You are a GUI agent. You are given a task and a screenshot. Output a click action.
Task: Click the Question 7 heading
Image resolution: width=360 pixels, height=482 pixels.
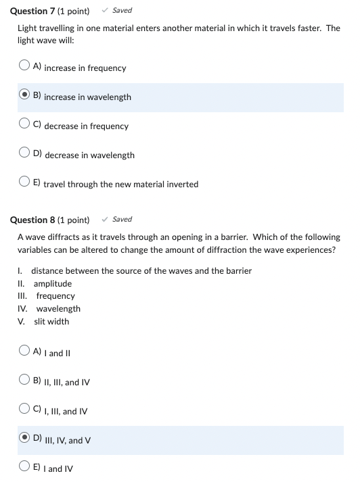click(x=49, y=11)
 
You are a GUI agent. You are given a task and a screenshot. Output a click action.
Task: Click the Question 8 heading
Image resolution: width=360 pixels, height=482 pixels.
click(x=49, y=220)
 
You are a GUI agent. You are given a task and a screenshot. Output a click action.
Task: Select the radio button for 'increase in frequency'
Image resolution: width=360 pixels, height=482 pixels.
click(x=24, y=67)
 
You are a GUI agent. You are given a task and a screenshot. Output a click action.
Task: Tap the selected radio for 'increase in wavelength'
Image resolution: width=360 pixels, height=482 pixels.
click(x=24, y=96)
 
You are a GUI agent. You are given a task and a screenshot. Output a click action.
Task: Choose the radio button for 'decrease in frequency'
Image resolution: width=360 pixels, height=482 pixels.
click(x=24, y=125)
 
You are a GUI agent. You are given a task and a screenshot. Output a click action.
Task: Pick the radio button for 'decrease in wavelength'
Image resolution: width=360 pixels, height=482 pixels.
click(x=24, y=154)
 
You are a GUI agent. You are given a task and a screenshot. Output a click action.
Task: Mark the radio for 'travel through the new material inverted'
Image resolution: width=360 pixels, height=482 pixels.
click(x=24, y=183)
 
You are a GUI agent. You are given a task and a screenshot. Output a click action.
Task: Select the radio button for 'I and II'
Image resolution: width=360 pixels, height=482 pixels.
click(x=24, y=352)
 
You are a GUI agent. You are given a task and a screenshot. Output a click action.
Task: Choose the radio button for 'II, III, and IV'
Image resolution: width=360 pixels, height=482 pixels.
click(x=24, y=381)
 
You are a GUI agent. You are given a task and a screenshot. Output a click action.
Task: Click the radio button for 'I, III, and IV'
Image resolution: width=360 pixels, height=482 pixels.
click(x=24, y=410)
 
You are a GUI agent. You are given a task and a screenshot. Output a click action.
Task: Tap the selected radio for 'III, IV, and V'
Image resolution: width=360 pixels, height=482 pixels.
click(x=24, y=439)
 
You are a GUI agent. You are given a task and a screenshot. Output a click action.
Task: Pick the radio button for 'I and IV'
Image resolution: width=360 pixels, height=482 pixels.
click(x=24, y=468)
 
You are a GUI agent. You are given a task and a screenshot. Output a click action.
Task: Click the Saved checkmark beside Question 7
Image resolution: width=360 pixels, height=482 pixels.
click(x=105, y=10)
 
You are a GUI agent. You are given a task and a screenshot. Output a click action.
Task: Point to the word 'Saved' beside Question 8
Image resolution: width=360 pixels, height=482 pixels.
click(x=122, y=219)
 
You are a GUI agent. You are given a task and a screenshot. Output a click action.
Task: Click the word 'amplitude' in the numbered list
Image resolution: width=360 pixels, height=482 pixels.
click(x=52, y=283)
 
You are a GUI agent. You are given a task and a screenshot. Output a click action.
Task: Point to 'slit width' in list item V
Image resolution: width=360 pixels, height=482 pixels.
click(x=51, y=321)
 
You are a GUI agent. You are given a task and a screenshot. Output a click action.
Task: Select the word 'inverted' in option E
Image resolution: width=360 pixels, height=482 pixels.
click(x=183, y=184)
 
